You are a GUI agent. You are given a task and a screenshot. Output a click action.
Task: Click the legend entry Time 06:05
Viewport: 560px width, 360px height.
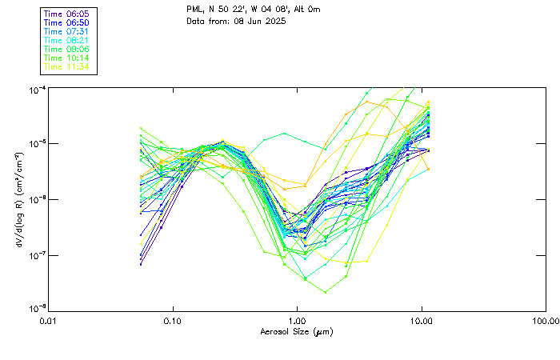[66, 14]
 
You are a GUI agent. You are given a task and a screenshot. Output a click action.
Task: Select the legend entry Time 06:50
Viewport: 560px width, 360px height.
[66, 22]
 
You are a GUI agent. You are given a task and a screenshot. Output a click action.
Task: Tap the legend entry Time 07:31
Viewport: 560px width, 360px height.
[66, 31]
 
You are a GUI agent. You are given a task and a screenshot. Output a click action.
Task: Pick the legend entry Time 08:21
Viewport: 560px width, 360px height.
[66, 40]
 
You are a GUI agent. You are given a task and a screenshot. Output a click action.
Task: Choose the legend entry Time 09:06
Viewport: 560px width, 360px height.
[66, 49]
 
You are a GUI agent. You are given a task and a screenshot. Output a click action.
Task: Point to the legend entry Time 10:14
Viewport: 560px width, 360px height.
[66, 58]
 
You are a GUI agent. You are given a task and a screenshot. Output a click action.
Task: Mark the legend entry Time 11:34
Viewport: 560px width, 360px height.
[66, 66]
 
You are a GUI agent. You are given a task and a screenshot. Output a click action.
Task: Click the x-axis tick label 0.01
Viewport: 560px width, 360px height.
[49, 321]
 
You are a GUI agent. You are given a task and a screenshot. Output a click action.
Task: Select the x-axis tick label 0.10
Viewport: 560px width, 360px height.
[173, 321]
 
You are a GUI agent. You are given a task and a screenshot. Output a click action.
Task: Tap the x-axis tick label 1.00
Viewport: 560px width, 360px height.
[297, 321]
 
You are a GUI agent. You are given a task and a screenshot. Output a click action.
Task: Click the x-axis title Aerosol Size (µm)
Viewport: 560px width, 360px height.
[297, 331]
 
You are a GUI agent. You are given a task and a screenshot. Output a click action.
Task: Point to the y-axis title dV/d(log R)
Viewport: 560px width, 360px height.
[18, 198]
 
